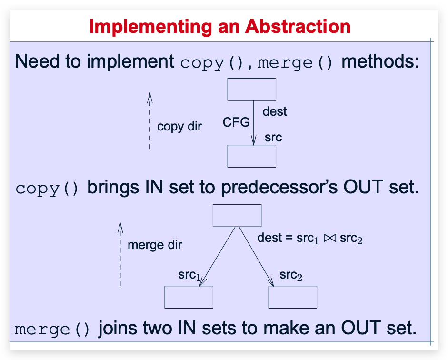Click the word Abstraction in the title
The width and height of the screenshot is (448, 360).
(x=298, y=27)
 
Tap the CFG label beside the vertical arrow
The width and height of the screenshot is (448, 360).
(x=236, y=122)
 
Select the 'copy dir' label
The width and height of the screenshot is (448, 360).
(x=179, y=127)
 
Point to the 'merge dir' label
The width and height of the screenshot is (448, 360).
(x=155, y=245)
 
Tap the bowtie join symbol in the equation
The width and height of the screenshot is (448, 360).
(x=330, y=238)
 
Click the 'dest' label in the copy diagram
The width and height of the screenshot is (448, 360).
(x=275, y=111)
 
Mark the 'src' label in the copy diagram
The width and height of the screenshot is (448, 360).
(x=273, y=138)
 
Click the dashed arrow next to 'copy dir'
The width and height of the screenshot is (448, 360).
(x=149, y=120)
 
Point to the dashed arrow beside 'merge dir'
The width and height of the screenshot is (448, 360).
(x=120, y=254)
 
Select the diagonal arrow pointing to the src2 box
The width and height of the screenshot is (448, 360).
(x=256, y=257)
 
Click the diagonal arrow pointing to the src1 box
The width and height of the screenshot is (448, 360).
(x=217, y=257)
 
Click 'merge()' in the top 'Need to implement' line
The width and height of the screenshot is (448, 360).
(x=295, y=63)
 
